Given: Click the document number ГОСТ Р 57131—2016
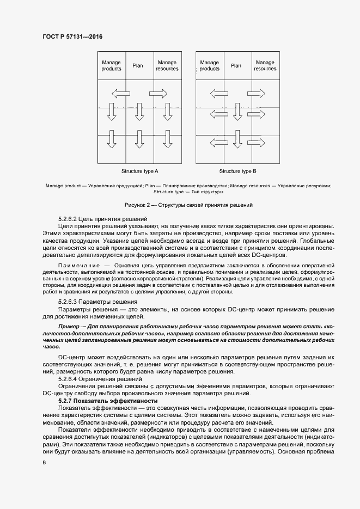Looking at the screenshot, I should pyautogui.click(x=72, y=36).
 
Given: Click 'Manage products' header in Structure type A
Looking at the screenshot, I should pyautogui.click(x=112, y=65).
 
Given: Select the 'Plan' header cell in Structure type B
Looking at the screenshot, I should pyautogui.click(x=236, y=65).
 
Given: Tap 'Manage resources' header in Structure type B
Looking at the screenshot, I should pyautogui.click(x=265, y=65).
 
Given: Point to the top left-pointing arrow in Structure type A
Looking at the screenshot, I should pyautogui.click(x=121, y=93).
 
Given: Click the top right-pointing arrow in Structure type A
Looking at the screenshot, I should pyautogui.click(x=158, y=93).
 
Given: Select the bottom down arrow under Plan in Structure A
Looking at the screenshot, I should pyautogui.click(x=139, y=139).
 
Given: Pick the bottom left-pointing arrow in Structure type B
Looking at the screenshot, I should pyautogui.click(x=218, y=143).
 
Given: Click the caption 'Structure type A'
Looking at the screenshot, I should pyautogui.click(x=140, y=171).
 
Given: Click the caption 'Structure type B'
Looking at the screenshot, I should pyautogui.click(x=237, y=171).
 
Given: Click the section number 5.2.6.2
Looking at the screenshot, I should pyautogui.click(x=68, y=218).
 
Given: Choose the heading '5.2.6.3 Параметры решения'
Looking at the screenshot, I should pyautogui.click(x=97, y=302).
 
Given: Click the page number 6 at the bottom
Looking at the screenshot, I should pyautogui.click(x=44, y=462).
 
